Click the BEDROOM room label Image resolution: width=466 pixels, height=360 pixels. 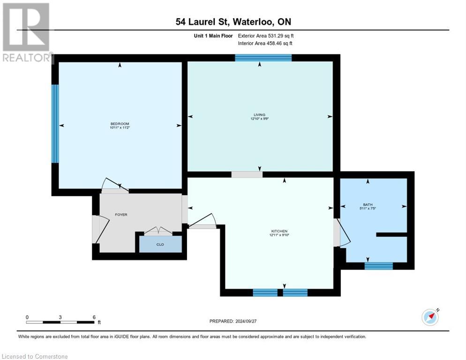(x=119, y=124)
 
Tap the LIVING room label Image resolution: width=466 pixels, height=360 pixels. (x=259, y=114)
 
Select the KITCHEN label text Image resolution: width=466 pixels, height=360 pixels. (x=279, y=231)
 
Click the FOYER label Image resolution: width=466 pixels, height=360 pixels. (x=121, y=215)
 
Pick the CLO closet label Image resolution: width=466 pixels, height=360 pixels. (x=160, y=244)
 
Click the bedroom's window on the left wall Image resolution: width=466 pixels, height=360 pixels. (x=55, y=124)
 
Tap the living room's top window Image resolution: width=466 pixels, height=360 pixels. (x=263, y=58)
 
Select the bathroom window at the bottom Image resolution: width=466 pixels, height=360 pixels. (x=378, y=266)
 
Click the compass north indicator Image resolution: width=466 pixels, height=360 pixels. (x=430, y=317)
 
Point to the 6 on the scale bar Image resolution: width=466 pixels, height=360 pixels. (x=94, y=317)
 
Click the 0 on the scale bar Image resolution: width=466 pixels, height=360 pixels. (x=27, y=317)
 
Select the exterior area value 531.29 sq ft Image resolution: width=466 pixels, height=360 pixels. (x=280, y=36)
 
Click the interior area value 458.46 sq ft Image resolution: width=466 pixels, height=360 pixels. (x=280, y=44)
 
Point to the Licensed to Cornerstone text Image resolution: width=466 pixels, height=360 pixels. (x=35, y=357)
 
